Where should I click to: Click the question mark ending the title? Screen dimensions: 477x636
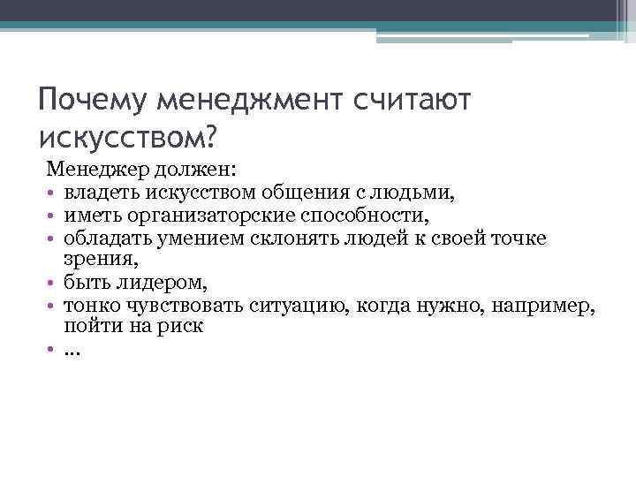click(x=210, y=136)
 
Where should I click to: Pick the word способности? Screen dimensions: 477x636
click(x=330, y=214)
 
